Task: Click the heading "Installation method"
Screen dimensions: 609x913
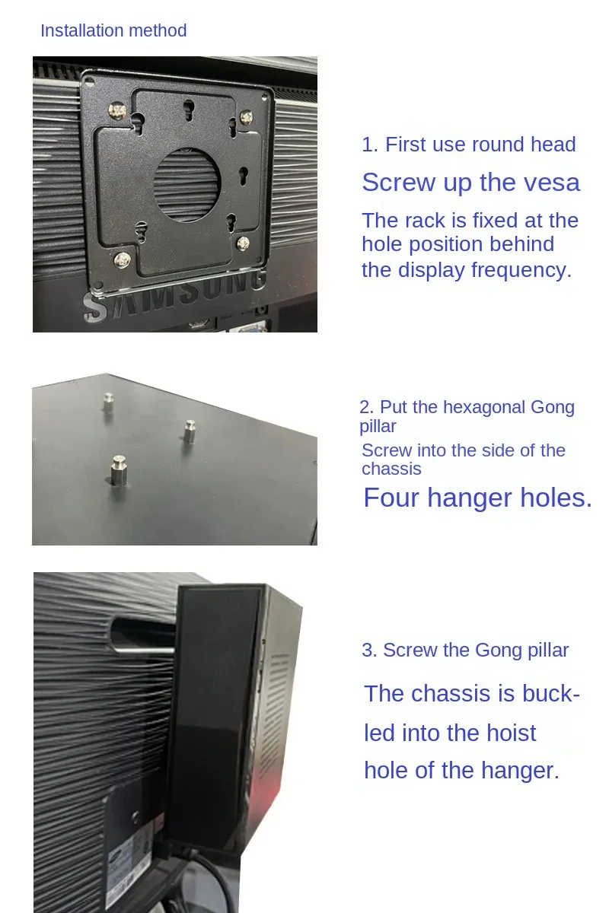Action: coord(113,30)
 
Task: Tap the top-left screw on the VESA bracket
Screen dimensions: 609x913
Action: coord(118,110)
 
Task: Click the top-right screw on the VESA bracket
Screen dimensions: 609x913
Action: coord(246,118)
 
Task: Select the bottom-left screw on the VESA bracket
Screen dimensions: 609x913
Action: coord(122,260)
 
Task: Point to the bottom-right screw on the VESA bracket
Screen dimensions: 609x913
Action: coord(243,243)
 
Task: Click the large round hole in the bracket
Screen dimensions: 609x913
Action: coord(187,185)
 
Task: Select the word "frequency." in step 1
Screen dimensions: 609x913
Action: coord(521,271)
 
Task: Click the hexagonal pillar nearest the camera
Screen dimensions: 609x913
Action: coord(119,471)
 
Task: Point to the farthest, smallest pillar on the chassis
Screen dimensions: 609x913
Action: coord(109,402)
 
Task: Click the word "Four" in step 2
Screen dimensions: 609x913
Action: coord(391,498)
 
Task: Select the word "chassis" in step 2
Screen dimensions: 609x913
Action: coord(391,469)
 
